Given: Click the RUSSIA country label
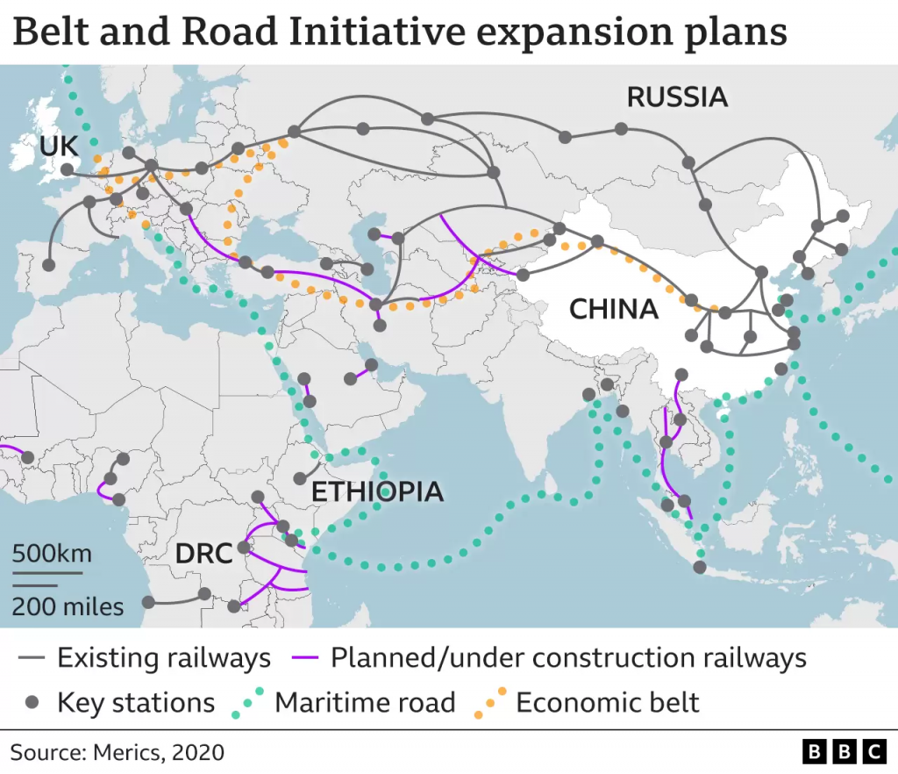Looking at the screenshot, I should (x=677, y=97).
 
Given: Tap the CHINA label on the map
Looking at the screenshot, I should (x=613, y=309).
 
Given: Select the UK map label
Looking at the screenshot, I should (x=58, y=147).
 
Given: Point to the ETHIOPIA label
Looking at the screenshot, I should (x=378, y=491).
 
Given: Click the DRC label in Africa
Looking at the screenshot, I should (x=203, y=553).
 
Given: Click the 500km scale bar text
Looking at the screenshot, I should (x=52, y=555).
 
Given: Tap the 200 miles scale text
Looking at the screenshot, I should (x=68, y=606).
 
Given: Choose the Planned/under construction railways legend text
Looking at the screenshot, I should (x=568, y=657).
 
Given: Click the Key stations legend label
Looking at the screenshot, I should (x=136, y=702).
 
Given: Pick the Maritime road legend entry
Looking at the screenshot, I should (x=365, y=702).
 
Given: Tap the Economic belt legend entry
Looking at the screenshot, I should (x=607, y=702).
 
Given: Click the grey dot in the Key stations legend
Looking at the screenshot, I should (x=32, y=702).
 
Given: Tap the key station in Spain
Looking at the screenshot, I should (x=48, y=264).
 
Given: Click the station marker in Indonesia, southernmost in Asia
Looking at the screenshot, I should (x=698, y=568).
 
